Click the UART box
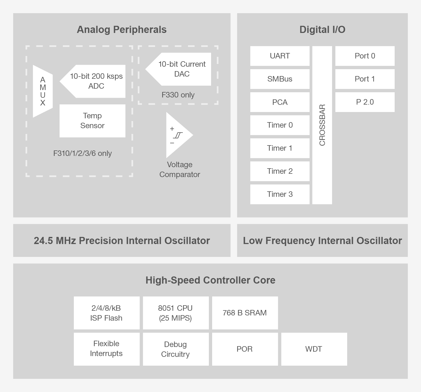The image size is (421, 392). (280, 56)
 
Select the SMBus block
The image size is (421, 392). (280, 79)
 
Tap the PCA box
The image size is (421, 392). (280, 102)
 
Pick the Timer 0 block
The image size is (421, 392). (280, 125)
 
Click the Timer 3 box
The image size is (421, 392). (280, 194)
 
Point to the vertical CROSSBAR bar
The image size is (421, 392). (322, 125)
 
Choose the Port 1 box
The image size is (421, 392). (365, 79)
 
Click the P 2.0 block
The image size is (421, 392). (365, 102)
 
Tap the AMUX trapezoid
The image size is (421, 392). (43, 91)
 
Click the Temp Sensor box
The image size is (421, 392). (92, 121)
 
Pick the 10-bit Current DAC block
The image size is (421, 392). (181, 69)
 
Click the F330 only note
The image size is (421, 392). (178, 95)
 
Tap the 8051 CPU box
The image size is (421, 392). (176, 313)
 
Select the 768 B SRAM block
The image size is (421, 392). (245, 313)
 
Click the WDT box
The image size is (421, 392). (314, 349)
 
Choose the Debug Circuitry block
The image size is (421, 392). (176, 349)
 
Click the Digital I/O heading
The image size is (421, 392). (322, 30)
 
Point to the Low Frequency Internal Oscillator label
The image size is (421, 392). (322, 241)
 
